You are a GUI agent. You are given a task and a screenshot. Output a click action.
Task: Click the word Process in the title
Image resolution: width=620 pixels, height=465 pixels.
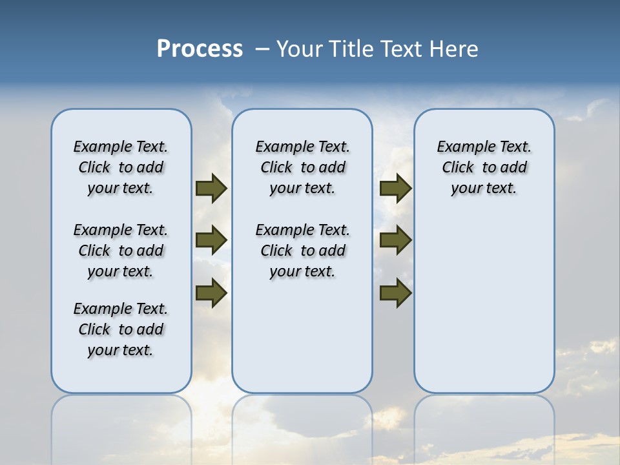tap(200, 49)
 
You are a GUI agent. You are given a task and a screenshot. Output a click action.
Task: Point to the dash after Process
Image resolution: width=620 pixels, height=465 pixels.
tap(262, 49)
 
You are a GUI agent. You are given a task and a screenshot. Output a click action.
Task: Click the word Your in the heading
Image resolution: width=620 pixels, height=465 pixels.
tap(300, 49)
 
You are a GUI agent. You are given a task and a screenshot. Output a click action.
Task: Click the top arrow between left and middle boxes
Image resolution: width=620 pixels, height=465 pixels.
tap(211, 189)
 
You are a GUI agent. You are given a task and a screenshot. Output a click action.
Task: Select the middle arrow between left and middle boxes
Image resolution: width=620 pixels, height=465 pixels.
tap(211, 240)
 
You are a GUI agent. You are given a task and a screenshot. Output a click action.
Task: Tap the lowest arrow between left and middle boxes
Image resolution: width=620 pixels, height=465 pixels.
tap(211, 293)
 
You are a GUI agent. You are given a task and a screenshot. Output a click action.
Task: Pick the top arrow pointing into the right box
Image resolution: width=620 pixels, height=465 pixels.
tap(395, 189)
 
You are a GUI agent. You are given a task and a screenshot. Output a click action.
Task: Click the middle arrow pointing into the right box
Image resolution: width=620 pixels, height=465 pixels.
tap(395, 240)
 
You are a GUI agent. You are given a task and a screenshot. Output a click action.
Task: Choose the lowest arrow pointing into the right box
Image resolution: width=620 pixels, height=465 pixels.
tap(395, 293)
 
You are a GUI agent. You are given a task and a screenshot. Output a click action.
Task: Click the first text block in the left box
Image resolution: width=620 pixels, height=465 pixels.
tap(121, 167)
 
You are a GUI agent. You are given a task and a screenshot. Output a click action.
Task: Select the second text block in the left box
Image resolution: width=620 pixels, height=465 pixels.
tap(121, 251)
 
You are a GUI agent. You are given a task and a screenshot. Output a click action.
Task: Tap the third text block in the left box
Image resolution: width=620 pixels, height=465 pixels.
tap(121, 329)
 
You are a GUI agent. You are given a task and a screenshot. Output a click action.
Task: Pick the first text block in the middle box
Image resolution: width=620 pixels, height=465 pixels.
tap(302, 167)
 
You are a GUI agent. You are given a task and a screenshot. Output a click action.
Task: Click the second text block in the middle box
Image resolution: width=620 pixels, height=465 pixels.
tap(302, 251)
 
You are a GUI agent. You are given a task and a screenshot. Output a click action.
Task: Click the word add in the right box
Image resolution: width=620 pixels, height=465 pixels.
tap(514, 168)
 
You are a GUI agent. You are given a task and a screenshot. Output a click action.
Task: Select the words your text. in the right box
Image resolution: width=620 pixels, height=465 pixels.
tap(484, 189)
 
